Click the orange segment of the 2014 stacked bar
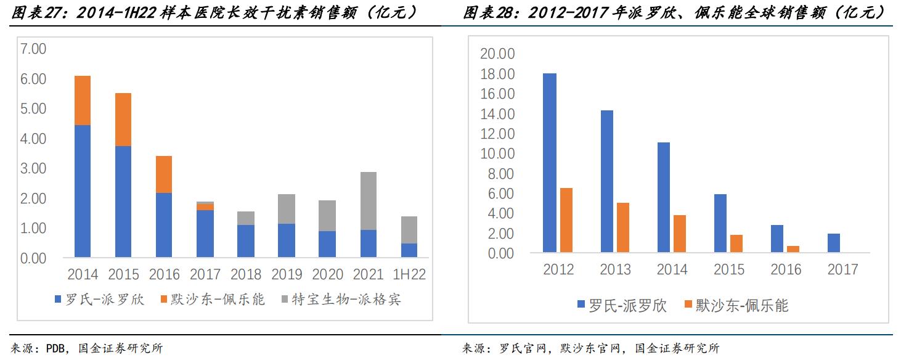83,100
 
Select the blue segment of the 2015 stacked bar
123,202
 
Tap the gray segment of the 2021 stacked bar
368,201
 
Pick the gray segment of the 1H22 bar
409,230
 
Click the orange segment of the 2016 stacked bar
164,174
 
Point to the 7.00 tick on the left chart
33,49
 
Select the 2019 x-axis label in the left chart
287,274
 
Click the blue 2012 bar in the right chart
550,163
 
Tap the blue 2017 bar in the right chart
834,243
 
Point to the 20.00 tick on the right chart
497,54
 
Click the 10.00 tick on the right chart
497,153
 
